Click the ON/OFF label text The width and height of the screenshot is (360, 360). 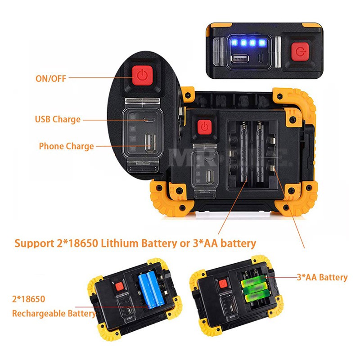pos(51,78)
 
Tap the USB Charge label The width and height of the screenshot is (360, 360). pos(58,119)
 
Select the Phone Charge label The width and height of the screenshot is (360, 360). pos(66,146)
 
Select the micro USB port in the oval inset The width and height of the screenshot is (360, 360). pos(147,120)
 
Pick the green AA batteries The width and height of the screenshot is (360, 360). pos(253,288)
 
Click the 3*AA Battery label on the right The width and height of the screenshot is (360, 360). pos(322,277)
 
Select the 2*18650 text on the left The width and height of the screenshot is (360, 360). pos(29,298)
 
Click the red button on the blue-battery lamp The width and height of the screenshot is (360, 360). pos(119,287)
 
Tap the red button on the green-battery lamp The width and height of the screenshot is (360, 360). pos(221,283)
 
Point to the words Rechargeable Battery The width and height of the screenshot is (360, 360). pos(54,313)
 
